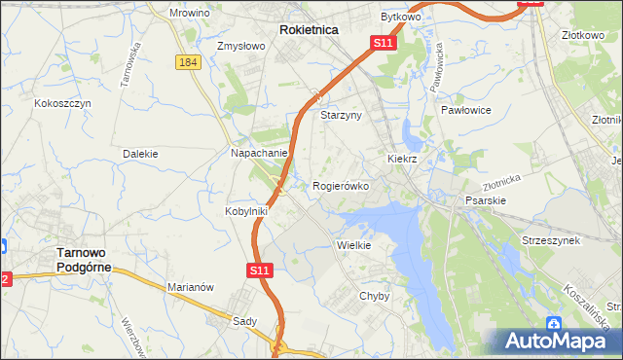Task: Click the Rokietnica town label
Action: pyautogui.click(x=309, y=30)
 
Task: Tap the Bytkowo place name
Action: pyautogui.click(x=400, y=18)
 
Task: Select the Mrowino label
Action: pyautogui.click(x=190, y=14)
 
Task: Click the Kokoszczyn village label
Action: pyautogui.click(x=62, y=102)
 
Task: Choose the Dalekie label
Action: pyautogui.click(x=141, y=154)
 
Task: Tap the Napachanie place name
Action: pyautogui.click(x=259, y=154)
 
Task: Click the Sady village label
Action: pyautogui.click(x=244, y=320)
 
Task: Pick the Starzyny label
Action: pyautogui.click(x=342, y=115)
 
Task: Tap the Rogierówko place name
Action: pyautogui.click(x=341, y=186)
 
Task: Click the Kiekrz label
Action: pyautogui.click(x=402, y=158)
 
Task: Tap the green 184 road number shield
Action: pyautogui.click(x=189, y=62)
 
